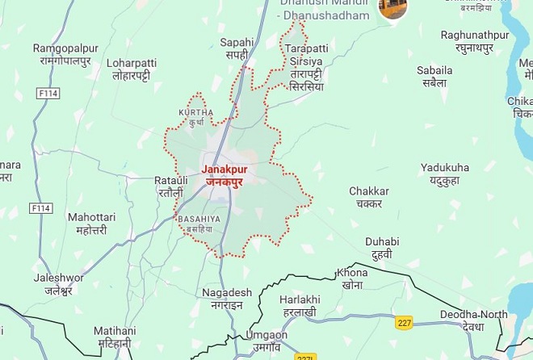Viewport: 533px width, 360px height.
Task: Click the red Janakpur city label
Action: point(224,176)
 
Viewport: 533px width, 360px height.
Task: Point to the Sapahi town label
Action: point(237,48)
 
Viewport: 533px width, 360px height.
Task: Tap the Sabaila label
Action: point(434,77)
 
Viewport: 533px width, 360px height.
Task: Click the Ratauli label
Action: point(171,186)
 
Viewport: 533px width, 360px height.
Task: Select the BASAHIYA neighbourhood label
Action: point(199,224)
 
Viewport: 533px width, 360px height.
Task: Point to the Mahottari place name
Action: point(91,223)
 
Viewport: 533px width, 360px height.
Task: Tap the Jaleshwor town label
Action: point(58,283)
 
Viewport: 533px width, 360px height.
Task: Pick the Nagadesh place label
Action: point(227,298)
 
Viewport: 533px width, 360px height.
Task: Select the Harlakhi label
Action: point(300,305)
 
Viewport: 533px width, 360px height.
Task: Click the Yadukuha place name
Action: point(444,174)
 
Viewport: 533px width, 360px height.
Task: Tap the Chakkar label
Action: point(369,197)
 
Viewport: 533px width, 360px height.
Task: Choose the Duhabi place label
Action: point(382,247)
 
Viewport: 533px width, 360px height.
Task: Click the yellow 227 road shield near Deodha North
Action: point(405,323)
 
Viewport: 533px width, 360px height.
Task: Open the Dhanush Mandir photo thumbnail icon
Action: point(392,8)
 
